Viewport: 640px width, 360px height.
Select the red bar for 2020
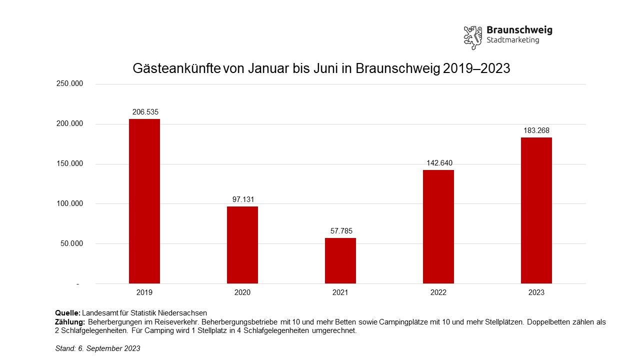tap(242, 245)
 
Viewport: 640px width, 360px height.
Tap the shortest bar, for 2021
tap(340, 260)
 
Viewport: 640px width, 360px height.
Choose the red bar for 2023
tap(536, 210)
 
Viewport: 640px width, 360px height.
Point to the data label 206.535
tap(145, 112)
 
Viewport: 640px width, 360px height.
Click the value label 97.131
tap(243, 199)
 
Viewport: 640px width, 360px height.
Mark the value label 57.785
tap(341, 231)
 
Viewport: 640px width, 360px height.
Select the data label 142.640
tap(439, 163)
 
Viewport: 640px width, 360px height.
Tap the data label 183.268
tap(536, 130)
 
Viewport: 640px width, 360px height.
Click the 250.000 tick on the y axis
tap(69, 84)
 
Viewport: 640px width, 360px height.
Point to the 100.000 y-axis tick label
tap(69, 204)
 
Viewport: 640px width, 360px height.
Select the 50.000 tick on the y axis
tap(71, 244)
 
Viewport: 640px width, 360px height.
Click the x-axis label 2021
tap(340, 292)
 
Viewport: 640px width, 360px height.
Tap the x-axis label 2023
tap(536, 292)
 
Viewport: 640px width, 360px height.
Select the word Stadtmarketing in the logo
tap(512, 40)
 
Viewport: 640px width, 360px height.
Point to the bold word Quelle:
tap(67, 313)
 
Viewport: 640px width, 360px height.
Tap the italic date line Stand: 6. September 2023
tap(97, 348)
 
